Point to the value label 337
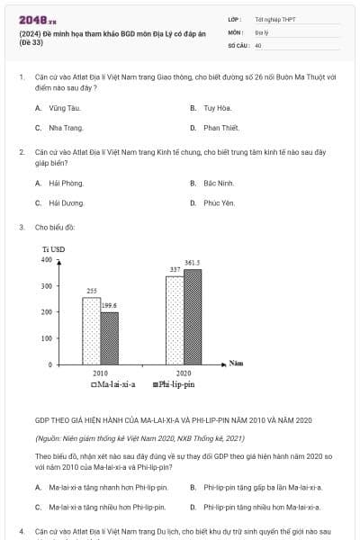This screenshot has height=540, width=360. [x=175, y=270]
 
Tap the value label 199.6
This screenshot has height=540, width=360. [x=109, y=305]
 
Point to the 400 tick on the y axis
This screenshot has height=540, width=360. [x=47, y=260]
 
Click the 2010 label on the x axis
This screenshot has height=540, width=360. [x=100, y=373]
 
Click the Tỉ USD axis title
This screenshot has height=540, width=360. [x=53, y=248]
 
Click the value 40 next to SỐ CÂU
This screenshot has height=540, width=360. [x=258, y=44]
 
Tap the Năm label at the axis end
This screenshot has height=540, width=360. [x=237, y=363]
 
